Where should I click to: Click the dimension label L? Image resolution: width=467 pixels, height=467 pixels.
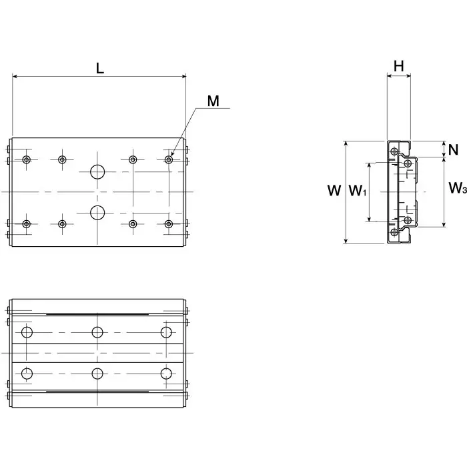pos(99,67)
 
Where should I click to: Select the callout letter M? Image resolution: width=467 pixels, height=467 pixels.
pos(213,101)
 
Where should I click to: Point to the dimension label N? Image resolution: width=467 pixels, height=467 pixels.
pos(454,149)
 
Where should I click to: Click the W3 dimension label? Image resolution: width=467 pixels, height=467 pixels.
pos(456,189)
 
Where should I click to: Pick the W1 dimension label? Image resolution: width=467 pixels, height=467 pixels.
pos(358,192)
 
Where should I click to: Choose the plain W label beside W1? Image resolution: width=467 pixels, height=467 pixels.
pos(334,191)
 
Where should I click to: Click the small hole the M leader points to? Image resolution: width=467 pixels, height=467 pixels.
pos(168,159)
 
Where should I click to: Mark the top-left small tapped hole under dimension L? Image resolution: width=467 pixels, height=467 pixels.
pos(27,159)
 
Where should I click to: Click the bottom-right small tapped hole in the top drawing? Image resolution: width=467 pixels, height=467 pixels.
pos(168,224)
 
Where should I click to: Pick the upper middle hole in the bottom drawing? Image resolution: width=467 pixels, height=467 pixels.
pos(97,332)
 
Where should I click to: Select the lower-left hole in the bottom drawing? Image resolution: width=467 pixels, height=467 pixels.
pos(27,373)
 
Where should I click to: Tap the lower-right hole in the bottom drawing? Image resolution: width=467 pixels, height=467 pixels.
pos(165,373)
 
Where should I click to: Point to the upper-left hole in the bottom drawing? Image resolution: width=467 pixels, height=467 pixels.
pos(27,332)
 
